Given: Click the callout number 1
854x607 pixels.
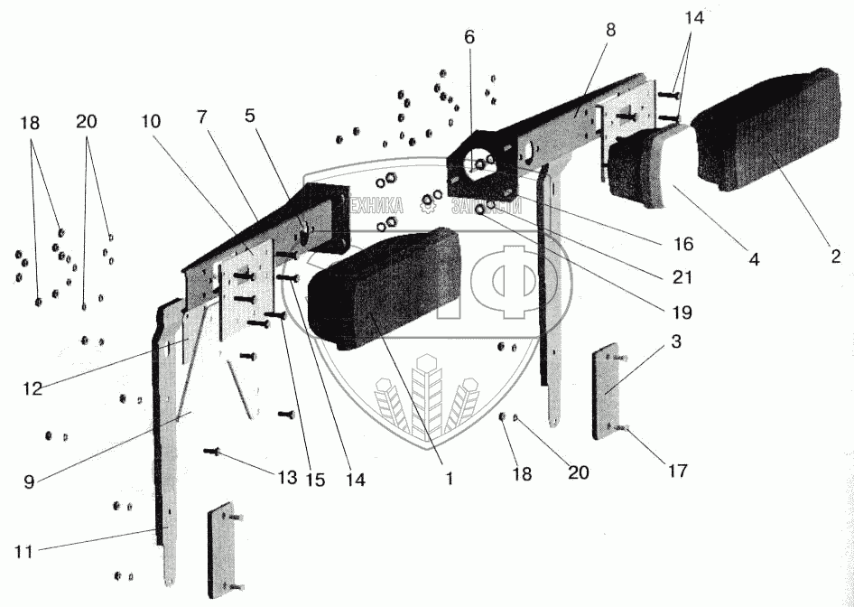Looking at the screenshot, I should click(x=449, y=479).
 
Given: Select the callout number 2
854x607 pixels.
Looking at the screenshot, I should click(x=836, y=256).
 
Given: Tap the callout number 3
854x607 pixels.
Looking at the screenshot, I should click(x=675, y=343).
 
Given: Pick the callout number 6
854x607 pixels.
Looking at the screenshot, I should click(x=469, y=37).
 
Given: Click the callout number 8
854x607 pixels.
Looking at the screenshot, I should click(x=610, y=30).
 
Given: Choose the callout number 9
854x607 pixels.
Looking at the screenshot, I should click(x=29, y=481).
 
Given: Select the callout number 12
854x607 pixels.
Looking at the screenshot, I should click(x=32, y=388).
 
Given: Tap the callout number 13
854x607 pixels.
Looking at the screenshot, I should click(x=287, y=478).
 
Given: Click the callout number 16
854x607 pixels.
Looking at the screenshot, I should click(x=682, y=244).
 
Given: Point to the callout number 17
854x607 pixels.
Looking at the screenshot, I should click(x=677, y=471).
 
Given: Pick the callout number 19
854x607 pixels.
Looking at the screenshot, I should click(x=682, y=313).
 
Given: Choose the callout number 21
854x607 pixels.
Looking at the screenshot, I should click(x=682, y=277).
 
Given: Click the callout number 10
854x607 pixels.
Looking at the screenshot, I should click(x=150, y=120).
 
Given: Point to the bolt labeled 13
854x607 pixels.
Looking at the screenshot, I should click(x=214, y=450).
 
